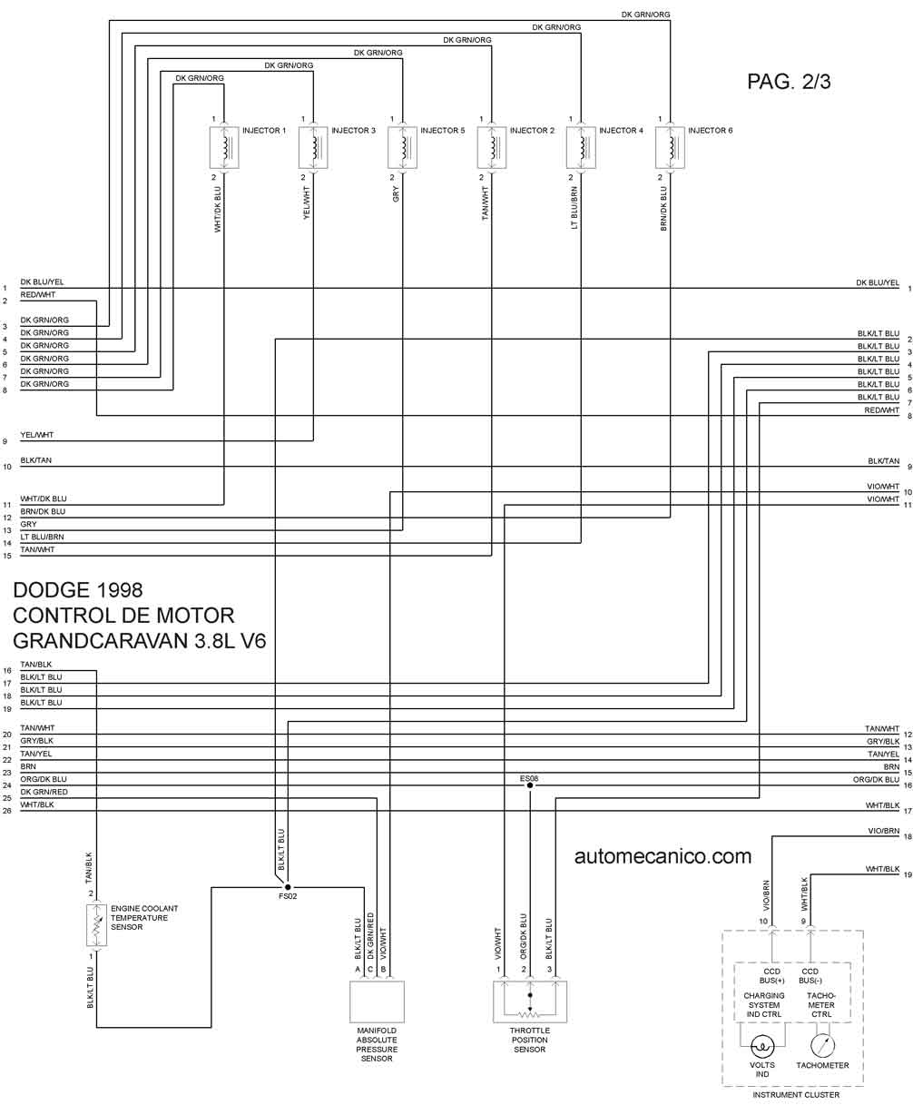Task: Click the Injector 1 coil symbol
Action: [x=224, y=148]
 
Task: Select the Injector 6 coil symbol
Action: [x=670, y=148]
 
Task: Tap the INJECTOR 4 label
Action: [x=621, y=130]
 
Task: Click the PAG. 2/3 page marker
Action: [x=789, y=82]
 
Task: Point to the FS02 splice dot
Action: [x=288, y=887]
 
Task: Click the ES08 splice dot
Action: [x=530, y=785]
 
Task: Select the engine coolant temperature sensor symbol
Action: [x=96, y=924]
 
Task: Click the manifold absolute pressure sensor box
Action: [x=377, y=1001]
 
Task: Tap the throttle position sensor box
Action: [x=530, y=1001]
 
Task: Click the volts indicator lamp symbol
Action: [x=762, y=1046]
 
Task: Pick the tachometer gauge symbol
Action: [x=822, y=1045]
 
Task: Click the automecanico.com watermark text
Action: [x=663, y=855]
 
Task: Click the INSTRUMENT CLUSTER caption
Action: [x=796, y=1094]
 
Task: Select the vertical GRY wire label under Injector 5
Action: [x=397, y=194]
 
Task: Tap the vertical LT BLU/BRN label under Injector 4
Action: [x=574, y=207]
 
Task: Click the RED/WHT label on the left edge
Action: [x=37, y=295]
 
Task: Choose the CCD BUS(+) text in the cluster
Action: [x=771, y=976]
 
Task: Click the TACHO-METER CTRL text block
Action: [x=821, y=1005]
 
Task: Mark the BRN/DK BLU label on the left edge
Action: [x=43, y=511]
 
